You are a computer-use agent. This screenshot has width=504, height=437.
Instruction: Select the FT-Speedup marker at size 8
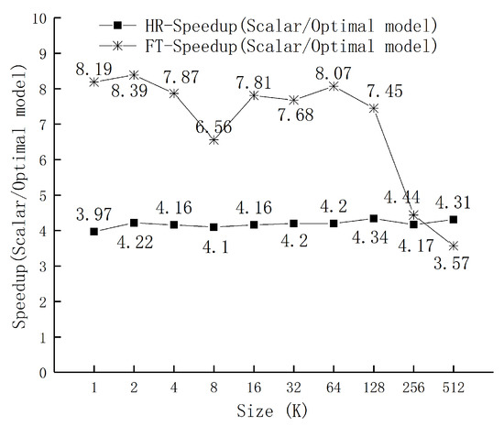pos(214,139)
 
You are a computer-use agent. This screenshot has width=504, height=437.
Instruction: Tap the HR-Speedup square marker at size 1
pos(93,232)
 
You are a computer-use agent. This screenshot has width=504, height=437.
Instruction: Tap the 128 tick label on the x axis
pos(374,388)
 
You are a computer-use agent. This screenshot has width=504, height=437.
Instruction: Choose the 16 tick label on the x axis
pos(254,388)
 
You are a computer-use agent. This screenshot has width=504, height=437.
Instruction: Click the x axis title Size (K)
pos(274,412)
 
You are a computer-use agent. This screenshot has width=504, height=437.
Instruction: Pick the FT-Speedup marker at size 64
pos(334,86)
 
